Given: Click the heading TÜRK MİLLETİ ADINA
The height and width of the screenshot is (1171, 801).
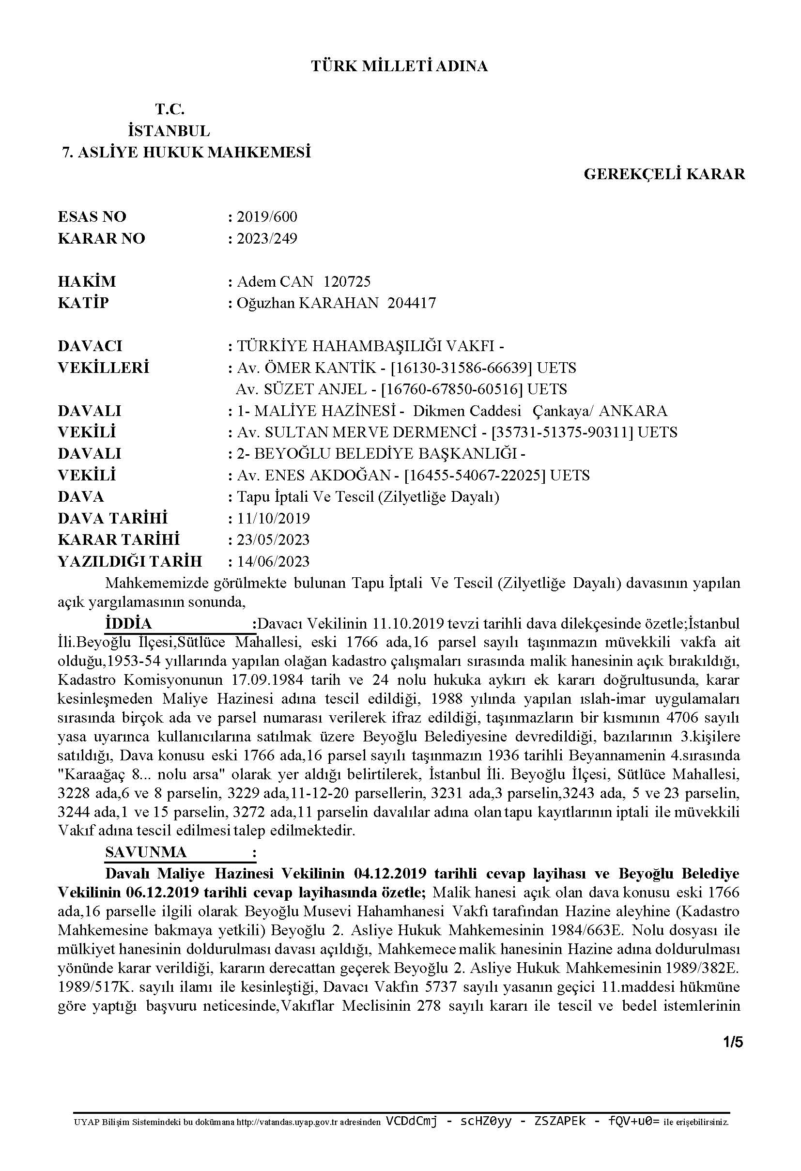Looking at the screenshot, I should (x=400, y=66).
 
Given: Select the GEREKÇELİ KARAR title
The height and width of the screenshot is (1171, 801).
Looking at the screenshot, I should (x=664, y=174).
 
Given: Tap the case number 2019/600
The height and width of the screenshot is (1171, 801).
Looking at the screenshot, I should (x=267, y=216).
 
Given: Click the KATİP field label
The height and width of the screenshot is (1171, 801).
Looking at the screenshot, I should (x=83, y=303).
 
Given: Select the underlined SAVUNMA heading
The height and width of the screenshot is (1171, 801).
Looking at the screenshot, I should (x=146, y=852).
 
